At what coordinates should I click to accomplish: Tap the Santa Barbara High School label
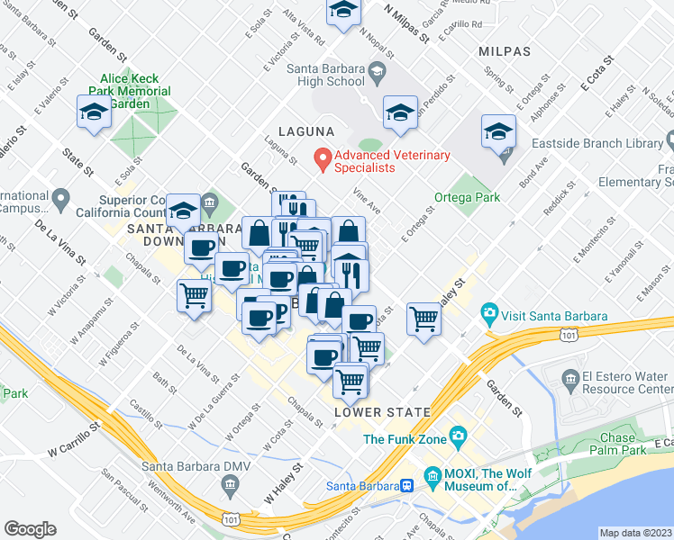click(326, 74)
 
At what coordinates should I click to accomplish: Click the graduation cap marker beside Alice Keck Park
click(94, 112)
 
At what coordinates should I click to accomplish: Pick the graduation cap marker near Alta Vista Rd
click(342, 12)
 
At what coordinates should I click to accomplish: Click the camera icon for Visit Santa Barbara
click(490, 316)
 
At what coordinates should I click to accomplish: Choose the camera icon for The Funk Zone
click(459, 438)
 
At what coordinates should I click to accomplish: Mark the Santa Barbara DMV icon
click(232, 487)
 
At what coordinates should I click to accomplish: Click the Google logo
click(30, 529)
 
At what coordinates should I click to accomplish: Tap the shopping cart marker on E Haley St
click(423, 318)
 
